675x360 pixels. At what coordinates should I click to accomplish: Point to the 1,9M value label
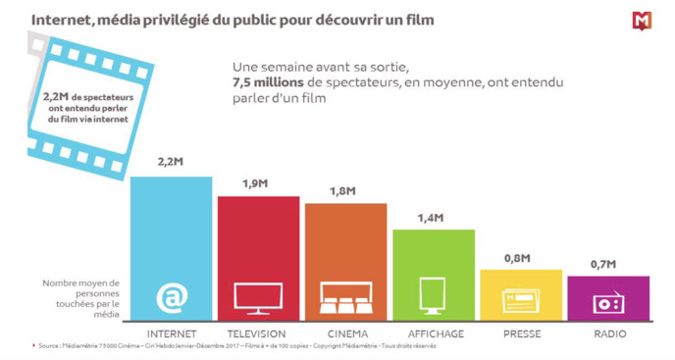[x=258, y=183]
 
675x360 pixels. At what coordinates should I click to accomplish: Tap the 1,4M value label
[x=433, y=217]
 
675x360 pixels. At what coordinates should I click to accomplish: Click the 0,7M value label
[x=607, y=264]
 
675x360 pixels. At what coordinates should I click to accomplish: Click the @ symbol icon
[x=171, y=296]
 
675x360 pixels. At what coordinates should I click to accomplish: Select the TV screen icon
[x=258, y=297]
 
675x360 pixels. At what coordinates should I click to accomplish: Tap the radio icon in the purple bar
[x=607, y=303]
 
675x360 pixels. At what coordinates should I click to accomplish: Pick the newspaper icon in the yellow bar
[x=520, y=300]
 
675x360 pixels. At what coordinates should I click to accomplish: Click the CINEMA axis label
[x=345, y=334]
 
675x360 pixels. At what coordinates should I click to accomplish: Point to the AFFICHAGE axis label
[x=433, y=334]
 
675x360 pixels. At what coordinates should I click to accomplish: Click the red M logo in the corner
[x=643, y=21]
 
